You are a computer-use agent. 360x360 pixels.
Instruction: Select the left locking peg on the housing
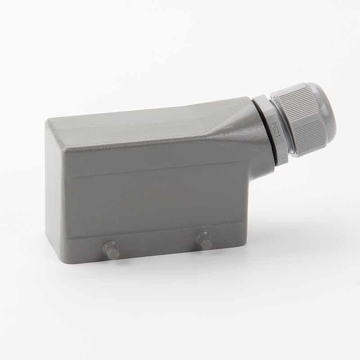coord(111,250)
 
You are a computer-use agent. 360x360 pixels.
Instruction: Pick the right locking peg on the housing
coord(204,240)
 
